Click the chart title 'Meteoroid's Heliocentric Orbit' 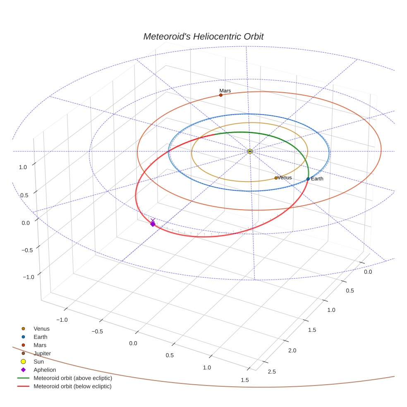click(x=203, y=36)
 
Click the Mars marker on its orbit click(x=220, y=95)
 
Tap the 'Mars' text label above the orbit click(x=225, y=91)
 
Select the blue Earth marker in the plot click(x=308, y=179)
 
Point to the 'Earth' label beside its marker click(x=317, y=179)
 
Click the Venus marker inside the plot click(x=276, y=178)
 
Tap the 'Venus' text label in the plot click(x=285, y=177)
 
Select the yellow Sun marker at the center click(x=250, y=151)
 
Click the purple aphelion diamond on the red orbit click(x=153, y=224)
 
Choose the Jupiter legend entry click(x=42, y=353)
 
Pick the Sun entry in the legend click(x=39, y=362)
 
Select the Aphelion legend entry click(x=45, y=370)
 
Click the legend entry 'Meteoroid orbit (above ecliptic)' click(x=72, y=378)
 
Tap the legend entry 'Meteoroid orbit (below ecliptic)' click(x=72, y=386)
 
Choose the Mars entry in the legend click(x=40, y=345)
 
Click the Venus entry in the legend click(x=41, y=328)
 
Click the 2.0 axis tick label click(x=292, y=350)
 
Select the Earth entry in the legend click(x=40, y=337)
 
